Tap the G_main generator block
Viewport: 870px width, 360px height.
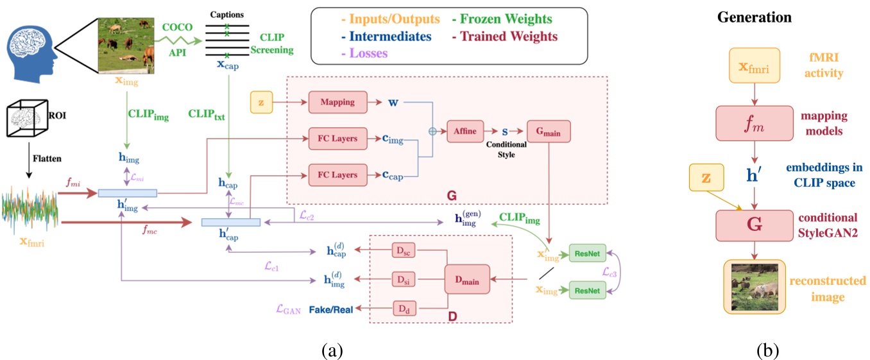(548, 131)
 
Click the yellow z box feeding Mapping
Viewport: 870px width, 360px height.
(260, 101)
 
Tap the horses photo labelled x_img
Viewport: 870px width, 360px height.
(125, 46)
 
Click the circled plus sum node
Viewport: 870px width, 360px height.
(432, 131)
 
